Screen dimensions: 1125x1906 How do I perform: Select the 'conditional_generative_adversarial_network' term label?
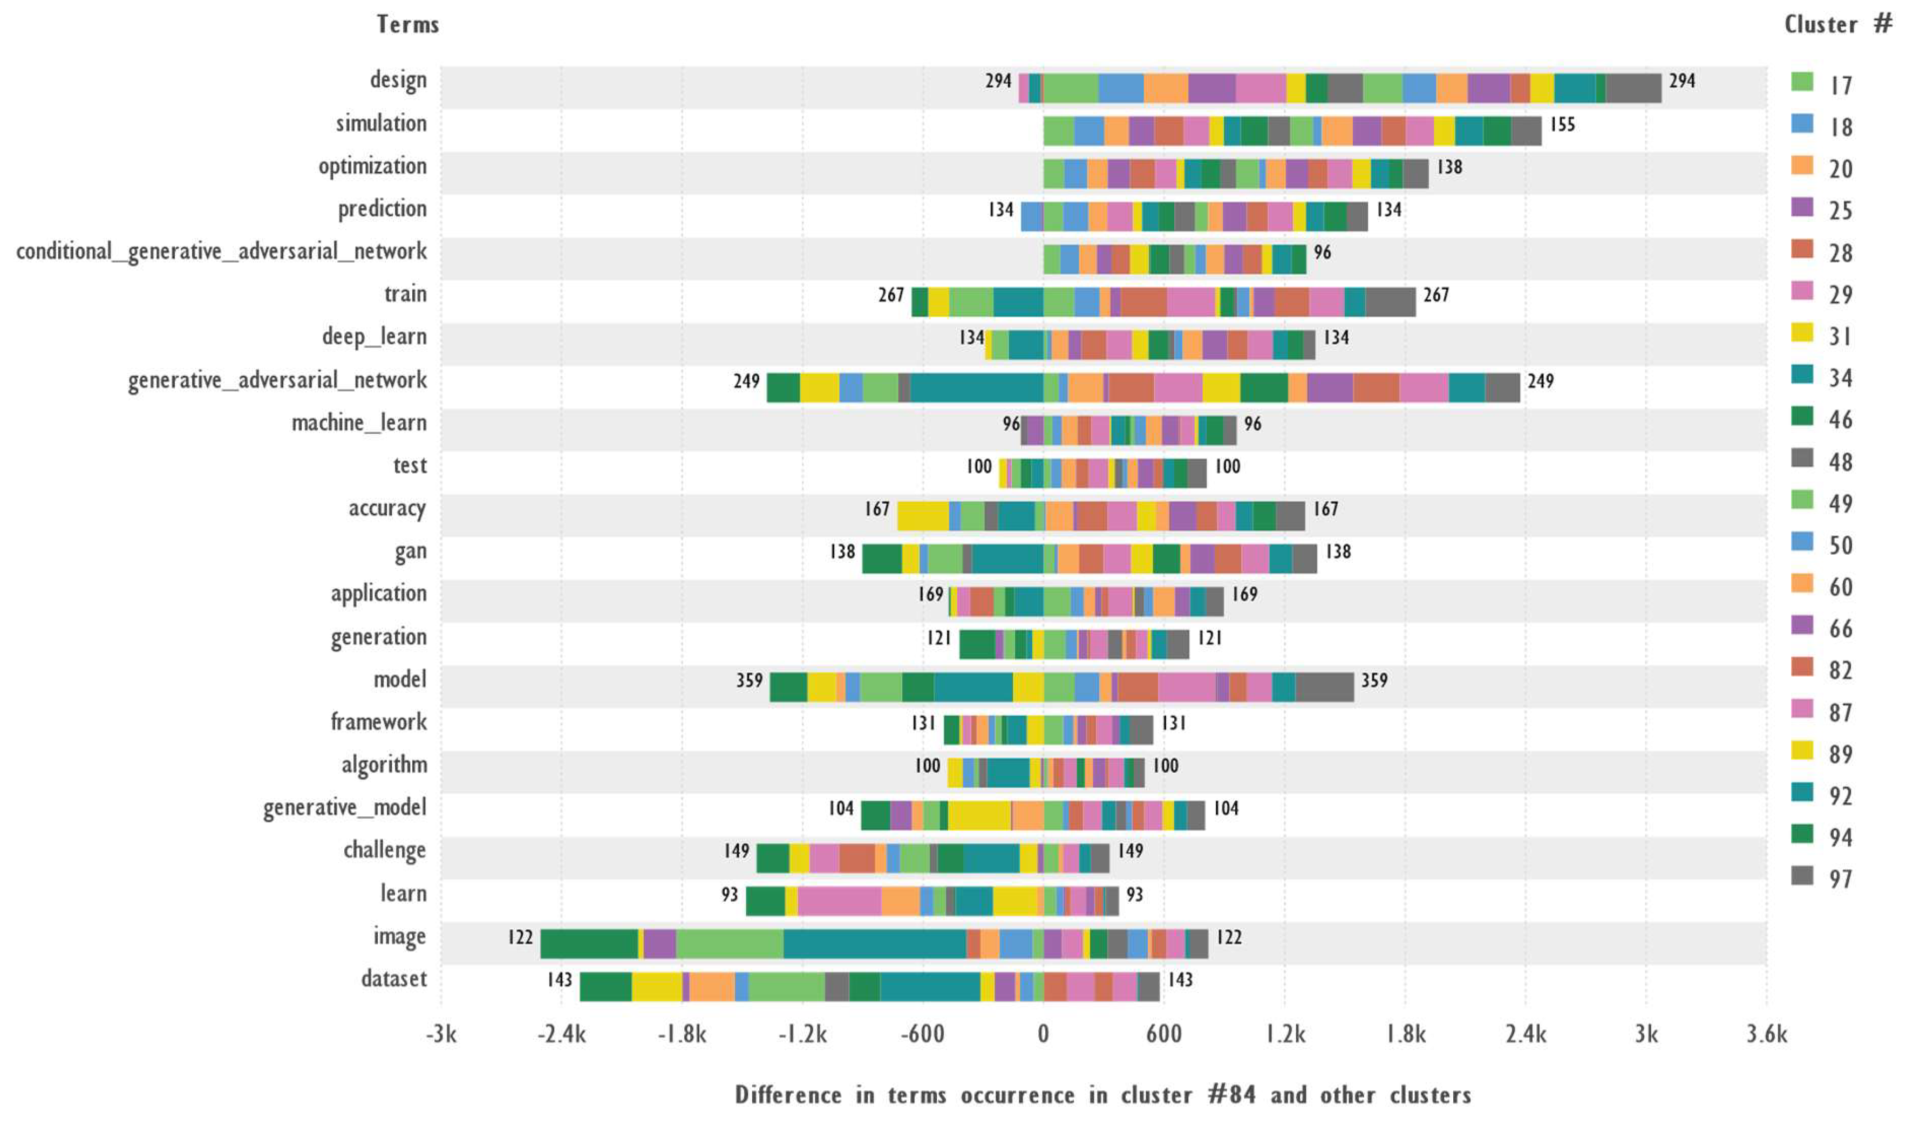221,251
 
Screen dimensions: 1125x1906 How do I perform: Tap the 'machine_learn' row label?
359,423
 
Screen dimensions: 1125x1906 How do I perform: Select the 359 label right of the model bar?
1374,681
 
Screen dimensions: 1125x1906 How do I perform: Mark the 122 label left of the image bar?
520,938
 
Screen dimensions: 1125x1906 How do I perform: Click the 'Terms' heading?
408,24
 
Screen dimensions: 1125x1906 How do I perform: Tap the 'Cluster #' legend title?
1837,24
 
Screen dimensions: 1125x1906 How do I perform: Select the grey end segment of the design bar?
1633,88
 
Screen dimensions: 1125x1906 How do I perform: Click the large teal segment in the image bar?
874,944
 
